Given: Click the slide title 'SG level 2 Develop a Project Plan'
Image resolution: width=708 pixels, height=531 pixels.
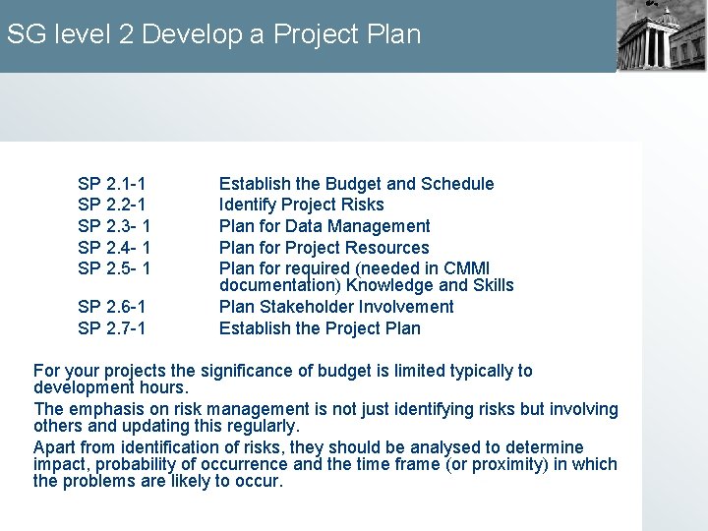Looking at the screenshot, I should (213, 34).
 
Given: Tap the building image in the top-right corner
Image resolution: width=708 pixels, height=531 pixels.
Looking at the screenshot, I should (661, 34).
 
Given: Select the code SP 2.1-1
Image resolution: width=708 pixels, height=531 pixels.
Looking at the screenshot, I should (112, 184).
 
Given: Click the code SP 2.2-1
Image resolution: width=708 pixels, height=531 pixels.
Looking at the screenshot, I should (112, 205).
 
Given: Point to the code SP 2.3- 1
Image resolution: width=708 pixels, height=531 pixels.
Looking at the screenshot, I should (114, 226).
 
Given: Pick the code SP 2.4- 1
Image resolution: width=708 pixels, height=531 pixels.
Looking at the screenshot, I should (114, 248).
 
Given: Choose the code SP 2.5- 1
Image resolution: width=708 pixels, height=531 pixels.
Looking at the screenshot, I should (114, 268).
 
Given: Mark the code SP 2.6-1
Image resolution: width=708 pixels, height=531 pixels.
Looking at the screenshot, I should (112, 307).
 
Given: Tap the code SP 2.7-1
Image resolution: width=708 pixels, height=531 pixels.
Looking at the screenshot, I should (112, 328).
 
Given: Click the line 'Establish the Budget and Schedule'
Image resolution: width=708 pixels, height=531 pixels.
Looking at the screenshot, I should (356, 184).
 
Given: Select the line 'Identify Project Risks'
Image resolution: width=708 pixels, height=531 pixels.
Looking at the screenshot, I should (301, 205).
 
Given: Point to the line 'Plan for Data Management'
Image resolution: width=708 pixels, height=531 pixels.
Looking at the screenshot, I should (324, 226).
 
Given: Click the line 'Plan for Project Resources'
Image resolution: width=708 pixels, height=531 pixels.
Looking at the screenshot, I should (324, 248).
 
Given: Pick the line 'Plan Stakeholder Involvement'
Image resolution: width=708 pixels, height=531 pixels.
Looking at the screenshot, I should (336, 307).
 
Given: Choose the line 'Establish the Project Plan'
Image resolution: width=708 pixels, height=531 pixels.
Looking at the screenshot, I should (320, 328).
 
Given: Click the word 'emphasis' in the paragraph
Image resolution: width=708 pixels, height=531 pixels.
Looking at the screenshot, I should (101, 409).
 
